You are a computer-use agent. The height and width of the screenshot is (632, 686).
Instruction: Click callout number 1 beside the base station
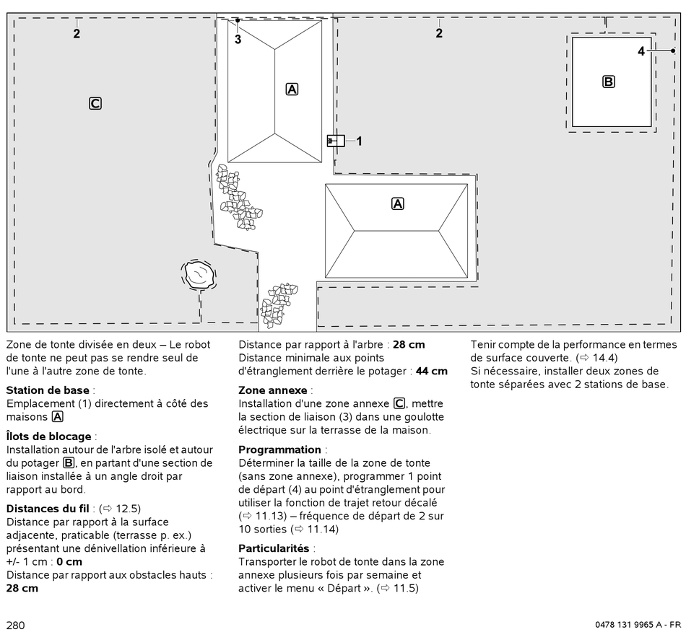pos(359,141)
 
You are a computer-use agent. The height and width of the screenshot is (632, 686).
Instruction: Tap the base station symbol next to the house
pos(336,141)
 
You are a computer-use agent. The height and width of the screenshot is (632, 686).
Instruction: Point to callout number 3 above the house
pos(238,40)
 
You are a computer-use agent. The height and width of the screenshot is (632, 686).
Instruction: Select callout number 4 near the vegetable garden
pos(641,51)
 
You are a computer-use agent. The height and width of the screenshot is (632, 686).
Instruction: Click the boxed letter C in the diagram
pos(95,103)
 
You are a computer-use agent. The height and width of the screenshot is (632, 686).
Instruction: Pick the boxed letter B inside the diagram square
pos(609,82)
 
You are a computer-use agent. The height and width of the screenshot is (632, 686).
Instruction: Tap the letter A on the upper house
pos(292,89)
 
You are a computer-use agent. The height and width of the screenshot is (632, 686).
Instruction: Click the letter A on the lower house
pos(397,203)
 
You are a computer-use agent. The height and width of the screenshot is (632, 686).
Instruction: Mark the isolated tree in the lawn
pos(197,275)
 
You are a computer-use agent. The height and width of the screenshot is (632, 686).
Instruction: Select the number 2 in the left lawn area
pos(77,32)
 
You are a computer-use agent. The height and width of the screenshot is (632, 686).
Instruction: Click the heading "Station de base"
pos(48,390)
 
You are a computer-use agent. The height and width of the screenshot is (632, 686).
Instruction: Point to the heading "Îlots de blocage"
pos(50,436)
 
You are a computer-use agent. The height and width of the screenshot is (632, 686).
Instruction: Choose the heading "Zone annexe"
pos(273,390)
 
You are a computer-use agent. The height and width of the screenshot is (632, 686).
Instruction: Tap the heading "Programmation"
pos(280,449)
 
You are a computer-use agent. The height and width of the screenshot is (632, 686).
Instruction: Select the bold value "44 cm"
pos(431,371)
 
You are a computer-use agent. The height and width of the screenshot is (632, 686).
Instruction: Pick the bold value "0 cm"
pos(69,561)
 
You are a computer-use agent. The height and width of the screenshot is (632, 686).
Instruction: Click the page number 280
pos(16,625)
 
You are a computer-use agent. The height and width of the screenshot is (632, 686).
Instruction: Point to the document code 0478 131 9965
pos(622,625)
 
